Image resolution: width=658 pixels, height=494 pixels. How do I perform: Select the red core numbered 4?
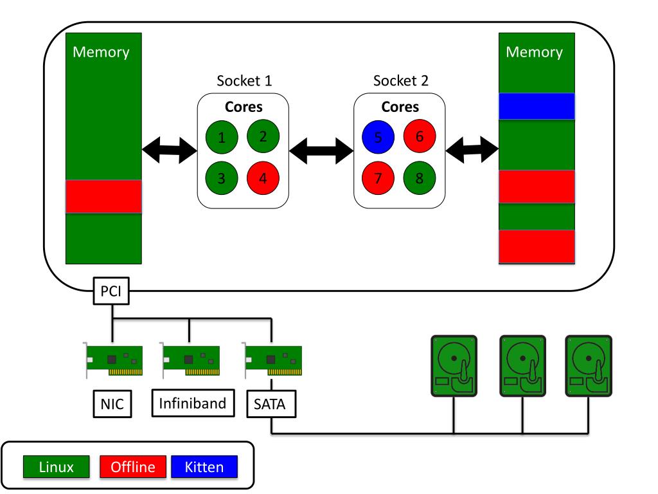tap(263, 178)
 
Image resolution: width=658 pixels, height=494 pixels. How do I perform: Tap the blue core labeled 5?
tap(378, 136)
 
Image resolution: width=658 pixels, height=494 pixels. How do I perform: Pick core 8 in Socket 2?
tap(419, 178)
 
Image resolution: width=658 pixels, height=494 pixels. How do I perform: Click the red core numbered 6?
tap(419, 136)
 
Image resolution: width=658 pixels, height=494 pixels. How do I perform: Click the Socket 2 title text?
tap(401, 81)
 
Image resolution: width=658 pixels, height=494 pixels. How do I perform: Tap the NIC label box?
tap(112, 404)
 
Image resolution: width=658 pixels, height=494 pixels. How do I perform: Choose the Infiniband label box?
tap(193, 403)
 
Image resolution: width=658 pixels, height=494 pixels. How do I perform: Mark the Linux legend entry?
tap(57, 466)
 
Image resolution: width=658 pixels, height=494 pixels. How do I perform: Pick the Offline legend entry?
tap(133, 466)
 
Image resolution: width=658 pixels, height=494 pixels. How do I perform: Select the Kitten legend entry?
tap(204, 466)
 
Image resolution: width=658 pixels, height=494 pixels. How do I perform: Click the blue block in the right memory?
tap(536, 106)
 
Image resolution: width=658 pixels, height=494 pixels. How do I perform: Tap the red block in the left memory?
tap(103, 196)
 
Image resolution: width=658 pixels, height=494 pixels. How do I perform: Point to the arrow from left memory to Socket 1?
tap(168, 150)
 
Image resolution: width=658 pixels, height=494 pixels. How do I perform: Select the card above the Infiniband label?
tap(189, 360)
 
